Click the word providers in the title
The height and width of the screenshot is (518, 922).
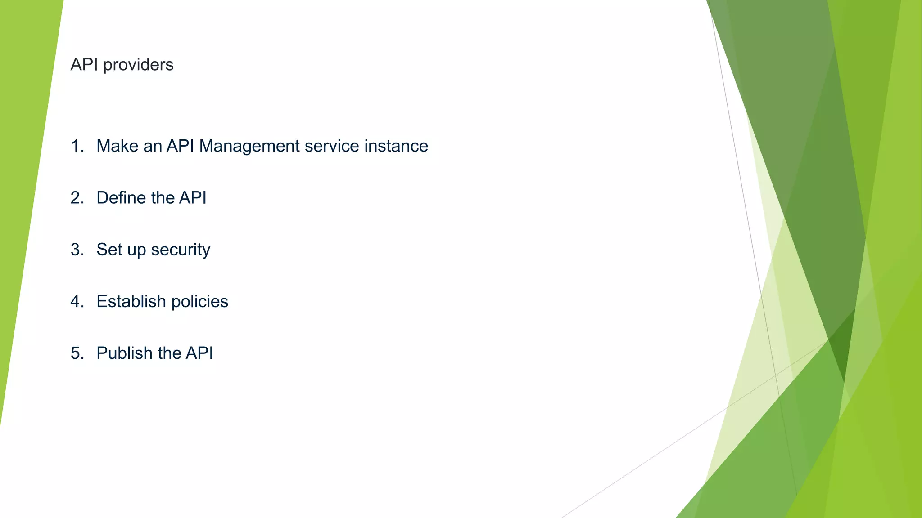pyautogui.click(x=138, y=65)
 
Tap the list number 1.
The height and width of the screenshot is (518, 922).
pyautogui.click(x=77, y=146)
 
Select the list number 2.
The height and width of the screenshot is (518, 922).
pyautogui.click(x=77, y=198)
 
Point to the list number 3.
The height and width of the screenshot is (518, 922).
pyautogui.click(x=77, y=250)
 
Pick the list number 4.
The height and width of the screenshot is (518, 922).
pyautogui.click(x=77, y=301)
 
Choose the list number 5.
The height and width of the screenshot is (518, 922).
pyautogui.click(x=77, y=353)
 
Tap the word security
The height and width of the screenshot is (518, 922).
pyautogui.click(x=181, y=250)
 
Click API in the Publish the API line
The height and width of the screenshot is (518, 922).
pyautogui.click(x=199, y=353)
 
